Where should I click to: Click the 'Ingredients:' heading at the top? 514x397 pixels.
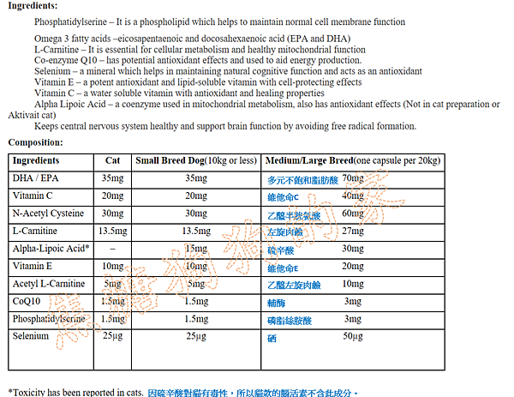coord(33,6)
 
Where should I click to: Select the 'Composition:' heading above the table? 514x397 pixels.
coord(35,142)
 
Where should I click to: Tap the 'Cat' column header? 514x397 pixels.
coord(112,160)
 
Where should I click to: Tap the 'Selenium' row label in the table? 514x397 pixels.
coord(31,337)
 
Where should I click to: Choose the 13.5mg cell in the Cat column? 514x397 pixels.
coord(113,232)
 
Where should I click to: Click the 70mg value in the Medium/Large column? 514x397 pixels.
coord(352,178)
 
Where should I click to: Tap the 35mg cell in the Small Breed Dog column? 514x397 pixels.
coord(195,178)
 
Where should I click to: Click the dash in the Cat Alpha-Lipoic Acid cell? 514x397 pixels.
coord(112,249)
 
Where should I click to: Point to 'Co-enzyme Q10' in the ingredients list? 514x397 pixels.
coord(63,61)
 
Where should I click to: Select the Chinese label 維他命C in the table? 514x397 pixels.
coord(284,196)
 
